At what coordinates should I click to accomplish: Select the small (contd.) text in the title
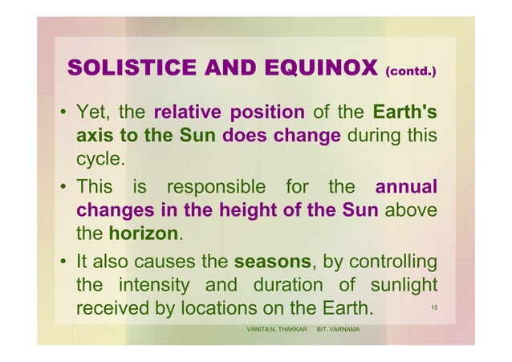[411, 71]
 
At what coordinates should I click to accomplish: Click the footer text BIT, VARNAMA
[338, 331]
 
